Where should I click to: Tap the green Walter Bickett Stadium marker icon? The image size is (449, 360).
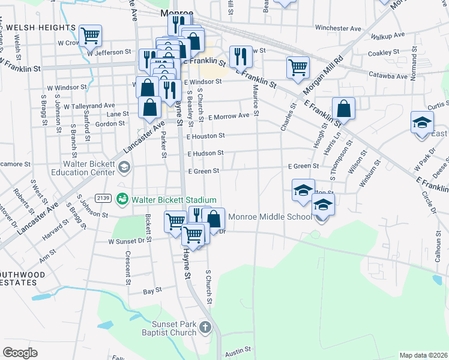123,197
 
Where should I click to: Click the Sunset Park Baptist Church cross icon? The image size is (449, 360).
205,328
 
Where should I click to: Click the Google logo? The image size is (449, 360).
20,353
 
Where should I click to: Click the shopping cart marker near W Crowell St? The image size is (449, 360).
90,35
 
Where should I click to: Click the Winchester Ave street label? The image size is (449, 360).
338,28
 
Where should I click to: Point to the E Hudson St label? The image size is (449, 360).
205,154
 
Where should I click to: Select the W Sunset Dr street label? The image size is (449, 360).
127,241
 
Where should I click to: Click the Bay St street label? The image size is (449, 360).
149,291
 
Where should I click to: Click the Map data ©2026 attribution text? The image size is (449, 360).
423,355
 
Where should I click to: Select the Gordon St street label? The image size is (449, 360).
110,124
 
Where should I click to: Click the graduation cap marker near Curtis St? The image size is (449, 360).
422,122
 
